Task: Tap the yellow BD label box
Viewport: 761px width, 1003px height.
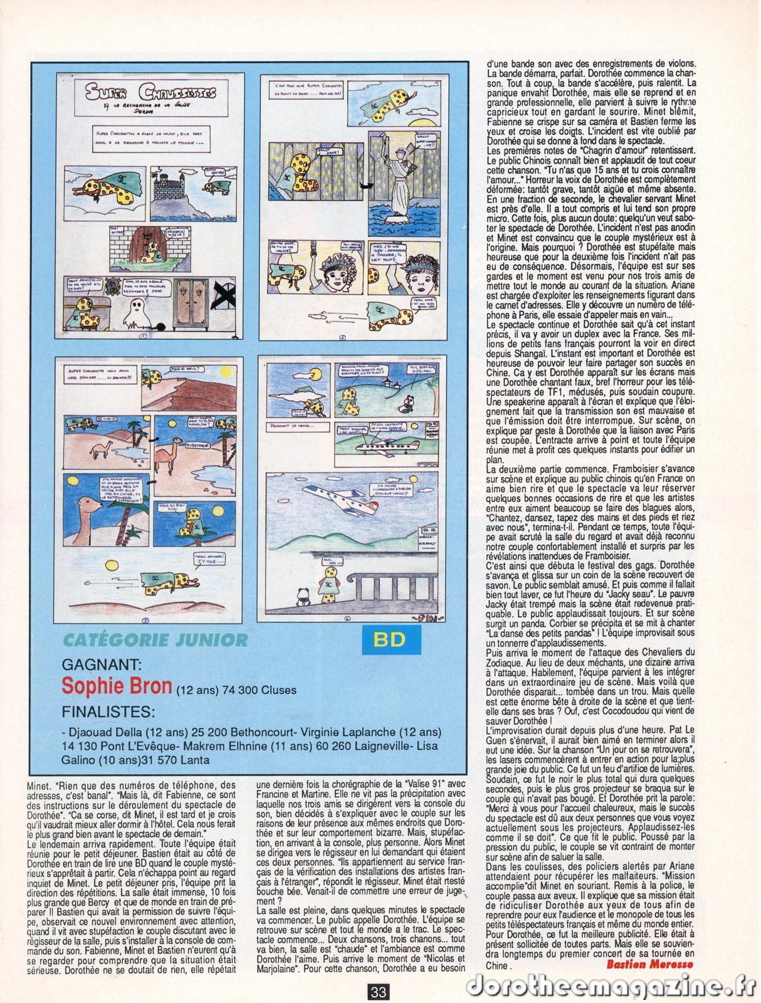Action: click(x=388, y=640)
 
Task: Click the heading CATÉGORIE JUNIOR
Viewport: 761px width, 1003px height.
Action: click(x=155, y=640)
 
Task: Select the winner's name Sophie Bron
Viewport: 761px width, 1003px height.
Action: click(x=117, y=686)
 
